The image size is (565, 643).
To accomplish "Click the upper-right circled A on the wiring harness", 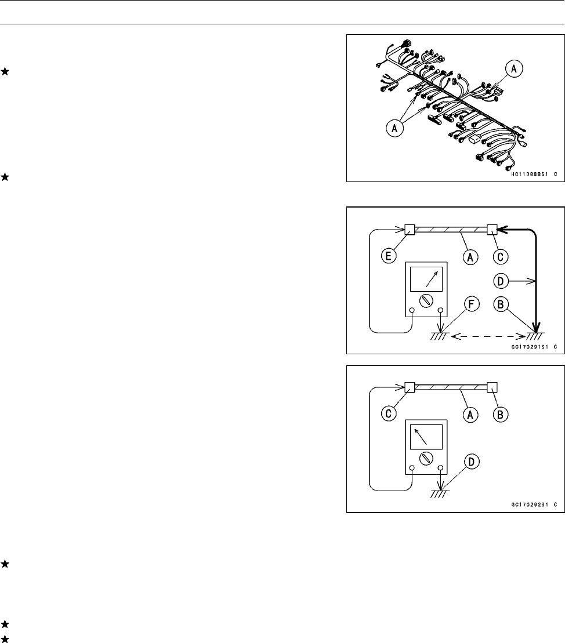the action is pos(513,69).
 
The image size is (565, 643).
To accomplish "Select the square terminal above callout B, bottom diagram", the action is pos(494,387).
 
